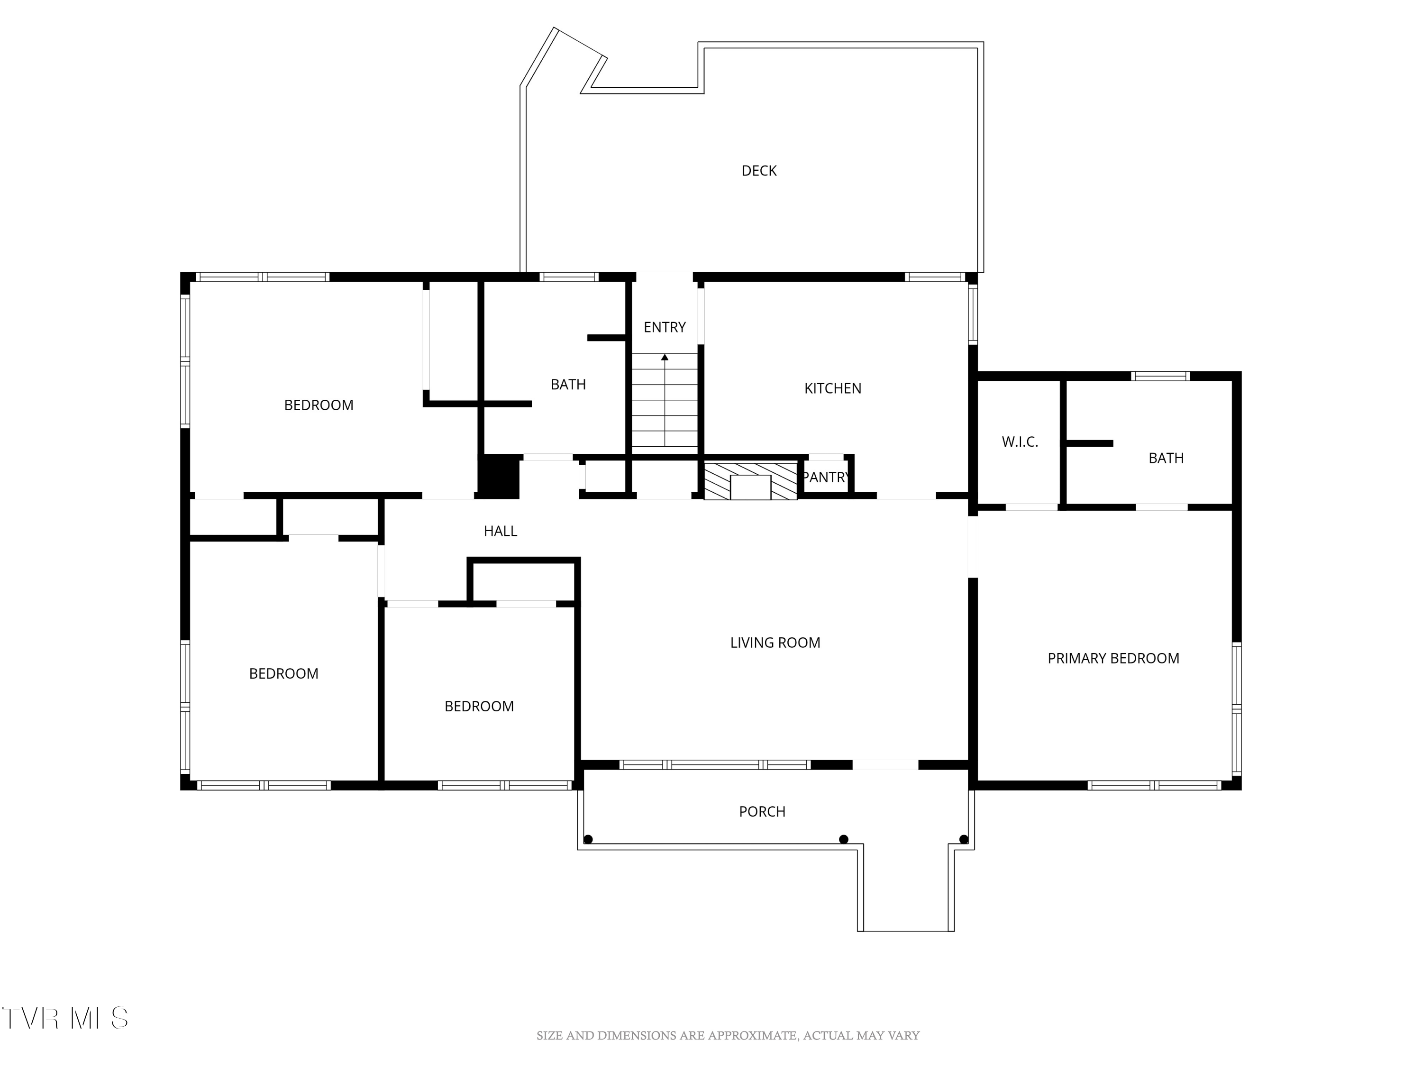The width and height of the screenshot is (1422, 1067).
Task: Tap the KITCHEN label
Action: pos(832,388)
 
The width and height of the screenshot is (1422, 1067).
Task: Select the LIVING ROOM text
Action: pos(775,643)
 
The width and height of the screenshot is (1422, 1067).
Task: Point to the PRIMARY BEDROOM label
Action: pos(1113,659)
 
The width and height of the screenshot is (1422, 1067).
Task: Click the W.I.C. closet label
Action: pos(1020,442)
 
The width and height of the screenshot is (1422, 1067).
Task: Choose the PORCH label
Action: pos(762,812)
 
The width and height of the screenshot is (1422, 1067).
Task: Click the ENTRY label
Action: pos(665,327)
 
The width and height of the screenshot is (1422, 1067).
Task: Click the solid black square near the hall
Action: pos(499,477)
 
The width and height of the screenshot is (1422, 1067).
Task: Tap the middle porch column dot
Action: pos(844,839)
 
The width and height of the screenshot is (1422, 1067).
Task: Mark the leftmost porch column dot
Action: pos(588,839)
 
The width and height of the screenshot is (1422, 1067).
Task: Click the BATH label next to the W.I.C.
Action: pos(1166,459)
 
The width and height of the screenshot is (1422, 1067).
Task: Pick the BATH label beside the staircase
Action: pos(568,385)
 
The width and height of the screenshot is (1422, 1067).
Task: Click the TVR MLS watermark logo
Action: pos(65,1018)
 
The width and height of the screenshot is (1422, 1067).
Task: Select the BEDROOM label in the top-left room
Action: pos(319,405)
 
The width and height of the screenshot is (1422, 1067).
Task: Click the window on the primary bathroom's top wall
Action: pos(1160,376)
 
